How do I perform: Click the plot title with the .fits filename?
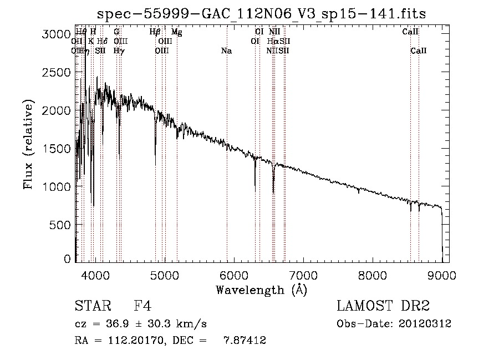pyautogui.click(x=261, y=13)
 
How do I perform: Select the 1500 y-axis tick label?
pyautogui.click(x=58, y=149)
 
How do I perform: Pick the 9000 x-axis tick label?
pyautogui.click(x=442, y=274)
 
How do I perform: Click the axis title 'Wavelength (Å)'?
pyautogui.click(x=261, y=290)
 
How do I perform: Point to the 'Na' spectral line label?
pyautogui.click(x=226, y=50)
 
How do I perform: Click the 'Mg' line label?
pyautogui.click(x=176, y=32)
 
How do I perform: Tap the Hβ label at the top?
pyautogui.click(x=155, y=32)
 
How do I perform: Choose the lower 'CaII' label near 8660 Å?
pyautogui.click(x=419, y=50)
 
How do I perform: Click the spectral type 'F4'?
pyautogui.click(x=142, y=306)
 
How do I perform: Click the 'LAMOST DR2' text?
pyautogui.click(x=383, y=306)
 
